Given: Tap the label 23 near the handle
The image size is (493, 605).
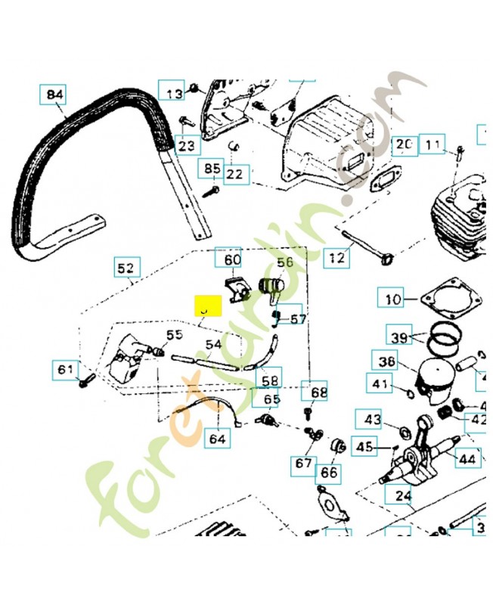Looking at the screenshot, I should (186, 144).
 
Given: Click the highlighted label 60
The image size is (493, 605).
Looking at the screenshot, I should (231, 259).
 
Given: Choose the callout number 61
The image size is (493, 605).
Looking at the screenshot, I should (66, 369).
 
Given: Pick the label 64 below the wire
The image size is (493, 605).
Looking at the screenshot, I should (217, 438).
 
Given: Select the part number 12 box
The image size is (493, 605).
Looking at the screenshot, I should (337, 258).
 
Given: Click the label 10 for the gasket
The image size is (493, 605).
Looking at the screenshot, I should (393, 299).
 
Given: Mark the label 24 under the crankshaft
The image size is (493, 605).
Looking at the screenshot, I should (402, 495).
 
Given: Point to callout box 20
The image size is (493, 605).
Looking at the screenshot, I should (405, 144).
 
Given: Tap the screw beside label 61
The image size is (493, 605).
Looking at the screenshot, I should (85, 377).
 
